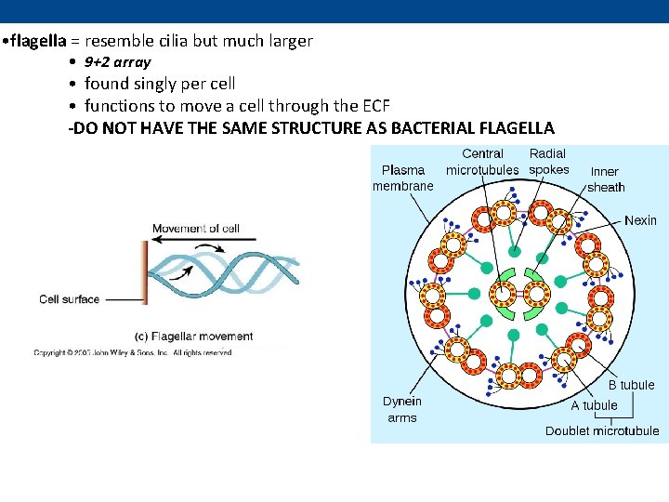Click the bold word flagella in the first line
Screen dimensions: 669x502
39,41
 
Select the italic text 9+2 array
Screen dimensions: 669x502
117,62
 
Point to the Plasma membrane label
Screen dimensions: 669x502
403,178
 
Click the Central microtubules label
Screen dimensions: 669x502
482,162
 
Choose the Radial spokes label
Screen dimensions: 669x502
548,162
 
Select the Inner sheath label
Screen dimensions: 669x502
606,179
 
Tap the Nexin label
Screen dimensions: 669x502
640,220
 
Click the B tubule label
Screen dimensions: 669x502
631,385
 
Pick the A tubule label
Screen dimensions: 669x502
594,405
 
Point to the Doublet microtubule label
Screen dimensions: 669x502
602,430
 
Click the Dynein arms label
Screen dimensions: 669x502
402,410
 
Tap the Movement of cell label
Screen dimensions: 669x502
195,229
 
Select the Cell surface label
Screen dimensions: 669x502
71,299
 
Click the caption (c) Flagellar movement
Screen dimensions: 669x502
194,337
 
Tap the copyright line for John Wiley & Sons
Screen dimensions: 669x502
132,353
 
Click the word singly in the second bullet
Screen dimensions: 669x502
164,84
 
